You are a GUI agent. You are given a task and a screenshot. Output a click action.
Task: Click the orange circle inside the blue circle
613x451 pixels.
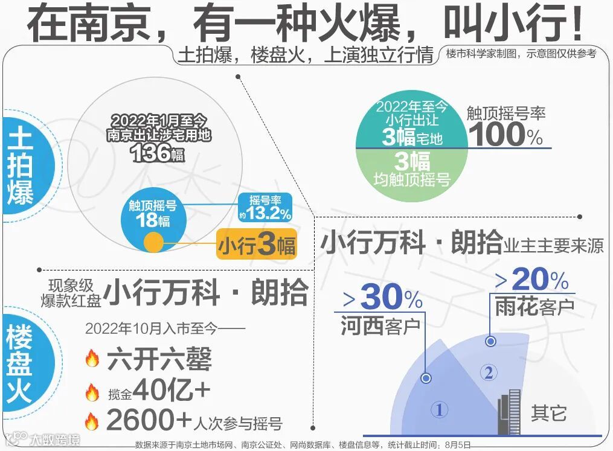click(153, 243)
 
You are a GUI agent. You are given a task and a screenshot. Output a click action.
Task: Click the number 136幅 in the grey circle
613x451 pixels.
click(157, 153)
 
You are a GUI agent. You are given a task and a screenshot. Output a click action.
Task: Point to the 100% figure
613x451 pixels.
click(506, 134)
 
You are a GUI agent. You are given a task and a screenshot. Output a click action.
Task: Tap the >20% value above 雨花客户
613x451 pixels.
click(532, 280)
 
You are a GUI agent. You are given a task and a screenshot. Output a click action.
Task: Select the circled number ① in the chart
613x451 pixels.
click(439, 411)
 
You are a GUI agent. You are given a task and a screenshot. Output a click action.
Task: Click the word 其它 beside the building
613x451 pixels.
click(548, 414)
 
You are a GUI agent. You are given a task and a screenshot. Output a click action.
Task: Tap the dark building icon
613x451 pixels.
click(510, 412)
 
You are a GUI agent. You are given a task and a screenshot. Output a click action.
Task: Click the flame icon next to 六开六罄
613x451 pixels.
click(92, 360)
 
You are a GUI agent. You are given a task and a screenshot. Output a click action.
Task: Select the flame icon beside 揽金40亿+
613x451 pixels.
click(92, 393)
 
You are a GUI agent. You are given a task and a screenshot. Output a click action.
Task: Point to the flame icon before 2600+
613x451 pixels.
click(92, 421)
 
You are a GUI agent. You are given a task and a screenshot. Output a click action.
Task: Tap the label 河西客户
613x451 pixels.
click(380, 326)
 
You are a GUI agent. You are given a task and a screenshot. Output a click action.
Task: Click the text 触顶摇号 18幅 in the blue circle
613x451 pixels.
click(152, 213)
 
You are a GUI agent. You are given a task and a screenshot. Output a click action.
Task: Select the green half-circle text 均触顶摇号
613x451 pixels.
click(412, 179)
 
